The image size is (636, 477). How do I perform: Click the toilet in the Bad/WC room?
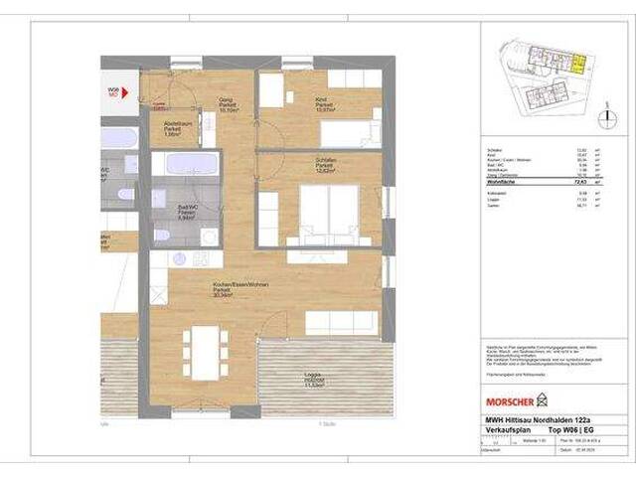[x=162, y=236]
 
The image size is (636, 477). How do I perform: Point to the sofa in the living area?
[x=340, y=320]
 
